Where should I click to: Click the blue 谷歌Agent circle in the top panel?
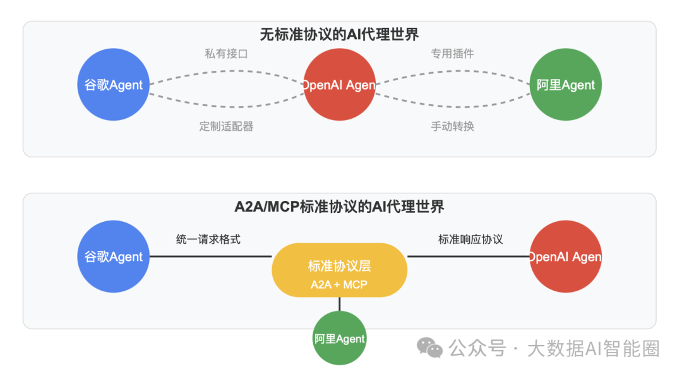click(114, 85)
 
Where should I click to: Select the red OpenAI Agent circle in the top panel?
click(340, 85)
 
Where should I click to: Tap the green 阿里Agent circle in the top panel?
click(566, 85)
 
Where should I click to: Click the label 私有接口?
click(226, 54)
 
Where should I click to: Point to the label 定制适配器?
click(226, 126)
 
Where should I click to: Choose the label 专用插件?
click(452, 54)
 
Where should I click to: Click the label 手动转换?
click(452, 126)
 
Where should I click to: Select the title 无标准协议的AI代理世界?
click(340, 34)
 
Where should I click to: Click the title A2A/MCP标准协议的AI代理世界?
click(340, 206)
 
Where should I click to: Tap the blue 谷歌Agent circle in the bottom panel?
click(114, 257)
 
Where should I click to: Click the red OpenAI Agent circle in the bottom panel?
click(566, 257)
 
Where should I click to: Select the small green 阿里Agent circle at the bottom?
click(340, 339)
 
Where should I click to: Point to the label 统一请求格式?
click(208, 240)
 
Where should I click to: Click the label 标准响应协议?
click(470, 240)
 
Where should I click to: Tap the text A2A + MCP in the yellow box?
click(339, 284)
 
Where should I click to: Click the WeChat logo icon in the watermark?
click(430, 348)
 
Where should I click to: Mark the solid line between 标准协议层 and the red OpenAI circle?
click(468, 257)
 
